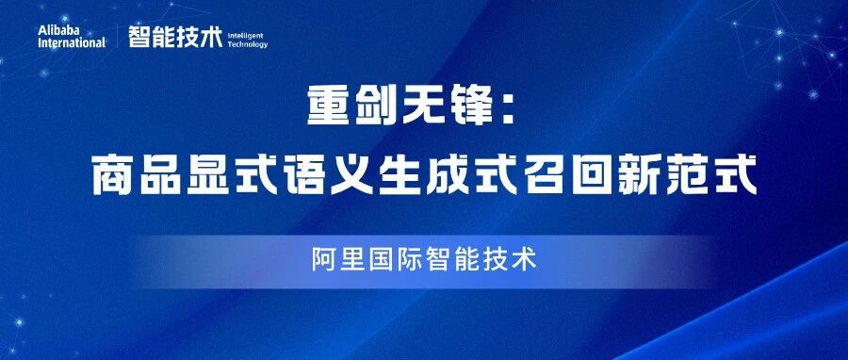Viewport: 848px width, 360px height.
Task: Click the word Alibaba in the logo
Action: click(x=62, y=30)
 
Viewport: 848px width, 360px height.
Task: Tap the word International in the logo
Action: click(x=72, y=42)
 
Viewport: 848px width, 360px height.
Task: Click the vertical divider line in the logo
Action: click(x=118, y=37)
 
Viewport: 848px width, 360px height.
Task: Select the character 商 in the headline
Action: click(x=112, y=176)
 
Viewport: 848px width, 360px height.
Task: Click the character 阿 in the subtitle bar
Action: click(x=322, y=259)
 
